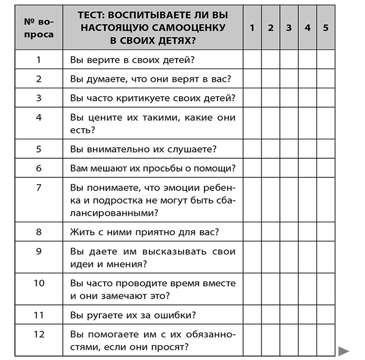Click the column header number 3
[x=289, y=28]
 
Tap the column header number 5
[x=326, y=28]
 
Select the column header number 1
[x=252, y=28]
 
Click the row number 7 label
[x=39, y=188]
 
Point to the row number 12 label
[x=39, y=334]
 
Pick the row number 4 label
[x=39, y=117]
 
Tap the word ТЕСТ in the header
[x=92, y=15]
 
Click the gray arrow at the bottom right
[x=344, y=350]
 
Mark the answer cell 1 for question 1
[x=252, y=60]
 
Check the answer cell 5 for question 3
[x=326, y=98]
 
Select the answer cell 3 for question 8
[x=289, y=231]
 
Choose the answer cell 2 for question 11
[x=271, y=315]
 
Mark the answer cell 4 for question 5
[x=308, y=149]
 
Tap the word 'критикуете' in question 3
[x=140, y=98]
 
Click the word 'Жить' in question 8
[x=81, y=231]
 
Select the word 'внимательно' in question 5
[x=109, y=149]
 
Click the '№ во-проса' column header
[x=39, y=28]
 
